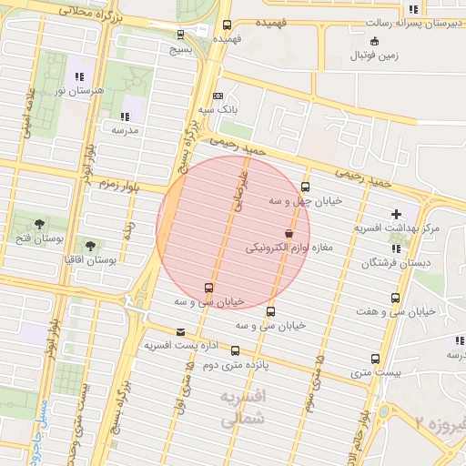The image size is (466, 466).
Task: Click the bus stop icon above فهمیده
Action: click(x=227, y=25)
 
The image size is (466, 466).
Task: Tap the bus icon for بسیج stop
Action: click(x=180, y=35)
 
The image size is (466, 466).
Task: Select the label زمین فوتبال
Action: click(x=374, y=56)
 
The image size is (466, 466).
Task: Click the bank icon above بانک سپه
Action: click(x=218, y=96)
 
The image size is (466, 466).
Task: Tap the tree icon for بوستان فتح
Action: click(x=39, y=224)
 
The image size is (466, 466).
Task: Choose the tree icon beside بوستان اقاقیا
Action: click(x=90, y=245)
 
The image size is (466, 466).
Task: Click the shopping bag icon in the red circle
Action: click(x=289, y=233)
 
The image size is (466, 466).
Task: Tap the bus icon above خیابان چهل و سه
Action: click(x=305, y=187)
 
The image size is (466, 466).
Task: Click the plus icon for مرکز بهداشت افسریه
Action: click(x=396, y=213)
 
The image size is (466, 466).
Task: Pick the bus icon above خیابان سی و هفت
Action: click(x=395, y=298)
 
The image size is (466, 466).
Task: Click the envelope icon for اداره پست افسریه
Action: click(x=180, y=332)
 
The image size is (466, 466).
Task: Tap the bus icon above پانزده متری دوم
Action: click(x=236, y=350)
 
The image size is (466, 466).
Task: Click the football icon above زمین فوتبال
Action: click(x=374, y=41)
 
